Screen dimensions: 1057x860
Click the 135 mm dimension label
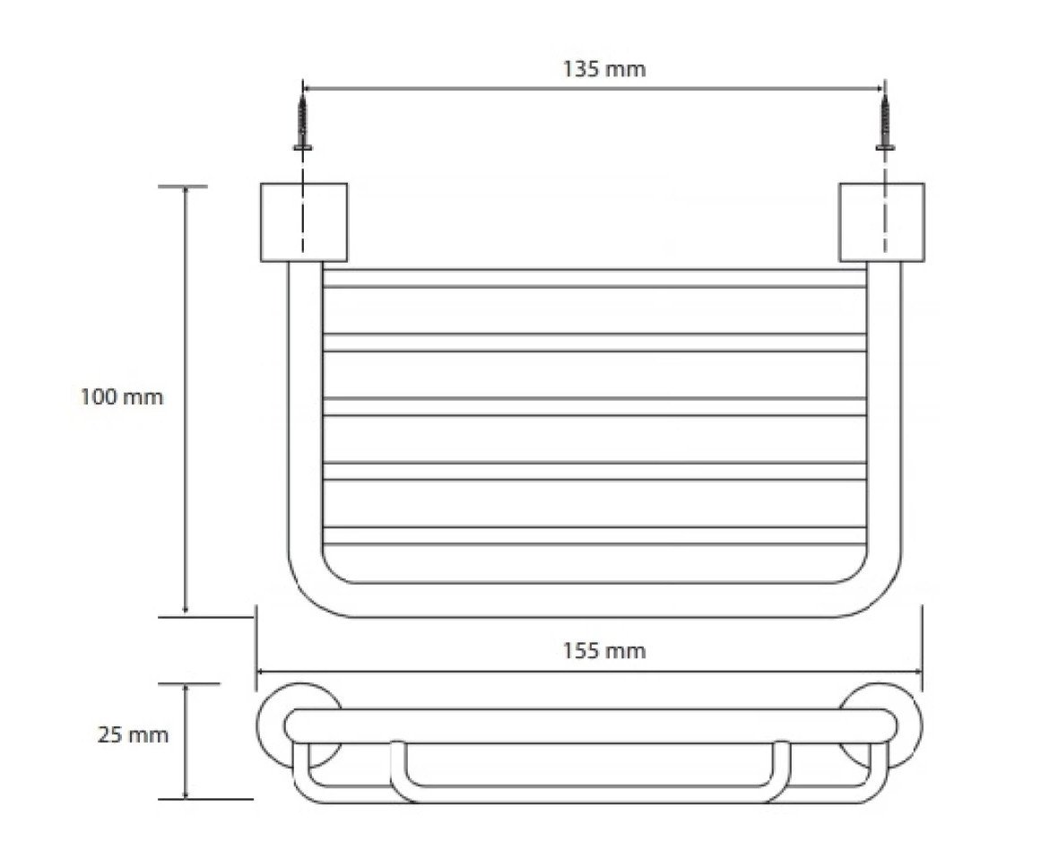tap(604, 69)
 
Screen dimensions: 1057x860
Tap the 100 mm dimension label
tap(122, 396)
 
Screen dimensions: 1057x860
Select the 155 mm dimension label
tap(604, 651)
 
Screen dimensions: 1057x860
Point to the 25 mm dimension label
tap(133, 734)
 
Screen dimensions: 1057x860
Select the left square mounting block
tap(304, 222)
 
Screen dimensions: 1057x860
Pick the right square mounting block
tap(882, 222)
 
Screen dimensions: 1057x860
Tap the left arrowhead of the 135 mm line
tap(306, 88)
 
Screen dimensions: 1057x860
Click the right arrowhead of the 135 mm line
tap(880, 88)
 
